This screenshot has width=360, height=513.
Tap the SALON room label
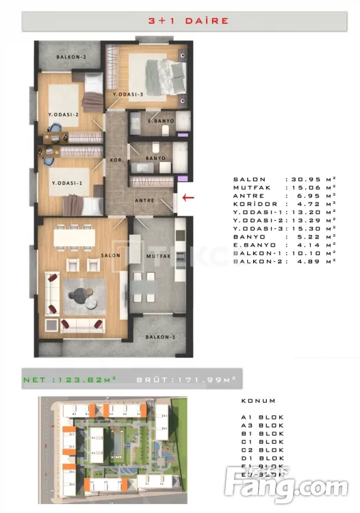[x=111, y=255]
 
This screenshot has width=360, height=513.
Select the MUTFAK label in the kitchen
[x=157, y=256]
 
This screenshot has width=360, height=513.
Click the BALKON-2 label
[x=70, y=57]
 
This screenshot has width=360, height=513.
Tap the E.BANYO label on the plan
[x=162, y=121]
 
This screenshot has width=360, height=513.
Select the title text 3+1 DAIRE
[x=179, y=21]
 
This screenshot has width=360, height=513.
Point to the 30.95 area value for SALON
[x=309, y=179]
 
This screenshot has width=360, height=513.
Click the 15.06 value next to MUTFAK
[x=309, y=187]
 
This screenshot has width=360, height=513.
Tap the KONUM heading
[x=258, y=401]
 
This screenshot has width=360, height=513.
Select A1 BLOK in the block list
[x=262, y=417]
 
